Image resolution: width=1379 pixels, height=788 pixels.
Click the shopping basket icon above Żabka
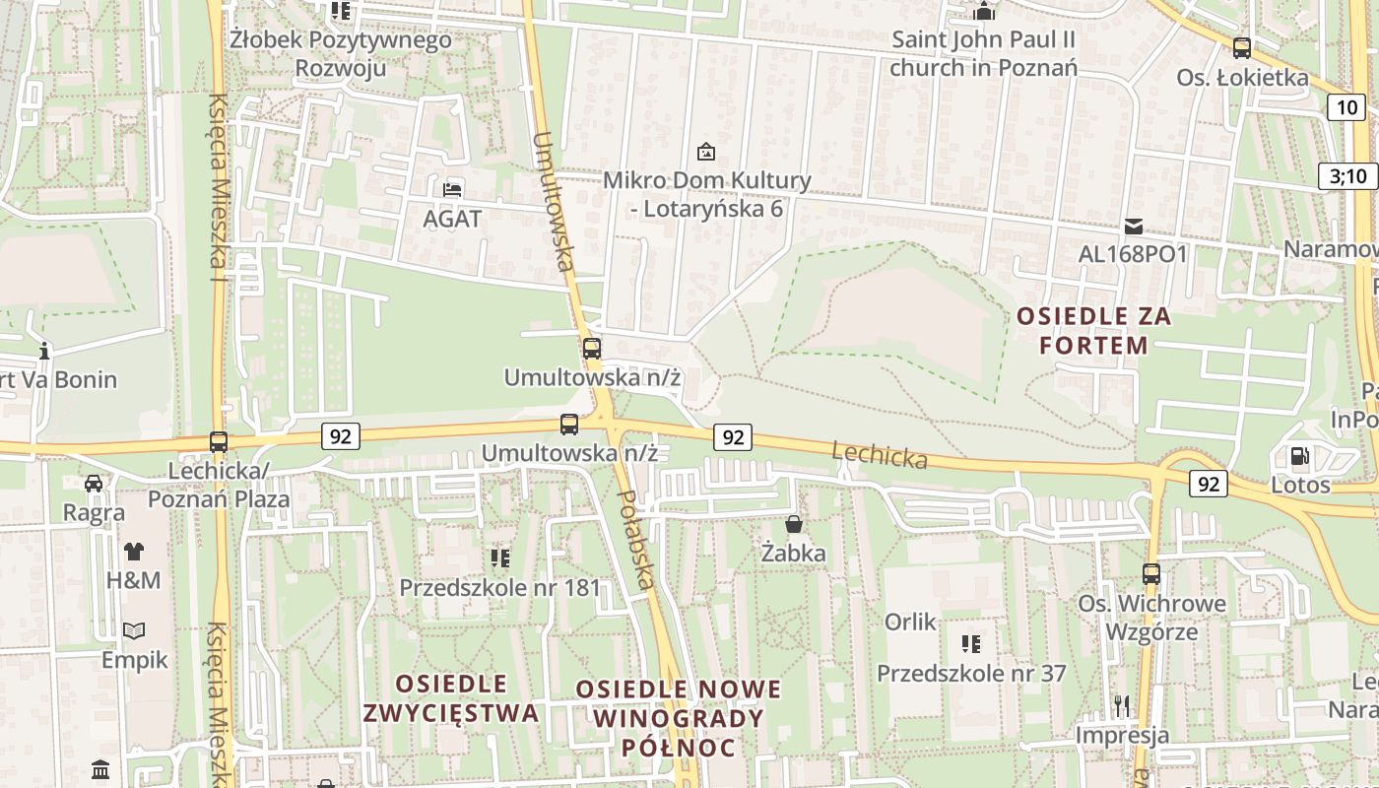coord(794,524)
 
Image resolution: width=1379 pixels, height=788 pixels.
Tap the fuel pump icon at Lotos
coord(1300,456)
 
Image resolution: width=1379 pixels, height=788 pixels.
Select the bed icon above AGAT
coord(452,189)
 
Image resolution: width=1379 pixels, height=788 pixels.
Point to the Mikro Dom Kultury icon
coord(706,152)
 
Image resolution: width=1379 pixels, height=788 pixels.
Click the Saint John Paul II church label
coord(983,54)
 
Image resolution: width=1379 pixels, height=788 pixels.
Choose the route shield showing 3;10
coord(1348,176)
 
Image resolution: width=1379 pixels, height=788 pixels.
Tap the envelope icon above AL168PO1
coord(1134,227)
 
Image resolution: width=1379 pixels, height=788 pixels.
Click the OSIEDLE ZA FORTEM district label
coord(1094,331)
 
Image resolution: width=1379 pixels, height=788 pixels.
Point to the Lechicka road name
coord(880,455)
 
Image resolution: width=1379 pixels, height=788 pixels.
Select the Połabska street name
coord(633,540)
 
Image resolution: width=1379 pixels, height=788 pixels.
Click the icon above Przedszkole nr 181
coord(500,558)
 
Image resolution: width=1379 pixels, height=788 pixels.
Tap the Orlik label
coord(910,623)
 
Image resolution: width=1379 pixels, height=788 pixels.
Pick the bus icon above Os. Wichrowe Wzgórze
coord(1151,573)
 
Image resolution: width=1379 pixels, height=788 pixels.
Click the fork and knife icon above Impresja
coord(1122,705)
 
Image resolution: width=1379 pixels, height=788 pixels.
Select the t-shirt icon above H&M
coord(134,551)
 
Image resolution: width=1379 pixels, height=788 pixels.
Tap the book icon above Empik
coord(135,630)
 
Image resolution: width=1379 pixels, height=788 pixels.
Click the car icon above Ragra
coord(94,484)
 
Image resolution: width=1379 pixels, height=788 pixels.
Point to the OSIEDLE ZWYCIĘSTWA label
coord(451,698)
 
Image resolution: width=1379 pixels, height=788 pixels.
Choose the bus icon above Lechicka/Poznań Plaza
coord(219,442)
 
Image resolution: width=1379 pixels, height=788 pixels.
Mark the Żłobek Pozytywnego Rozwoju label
coord(341,54)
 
